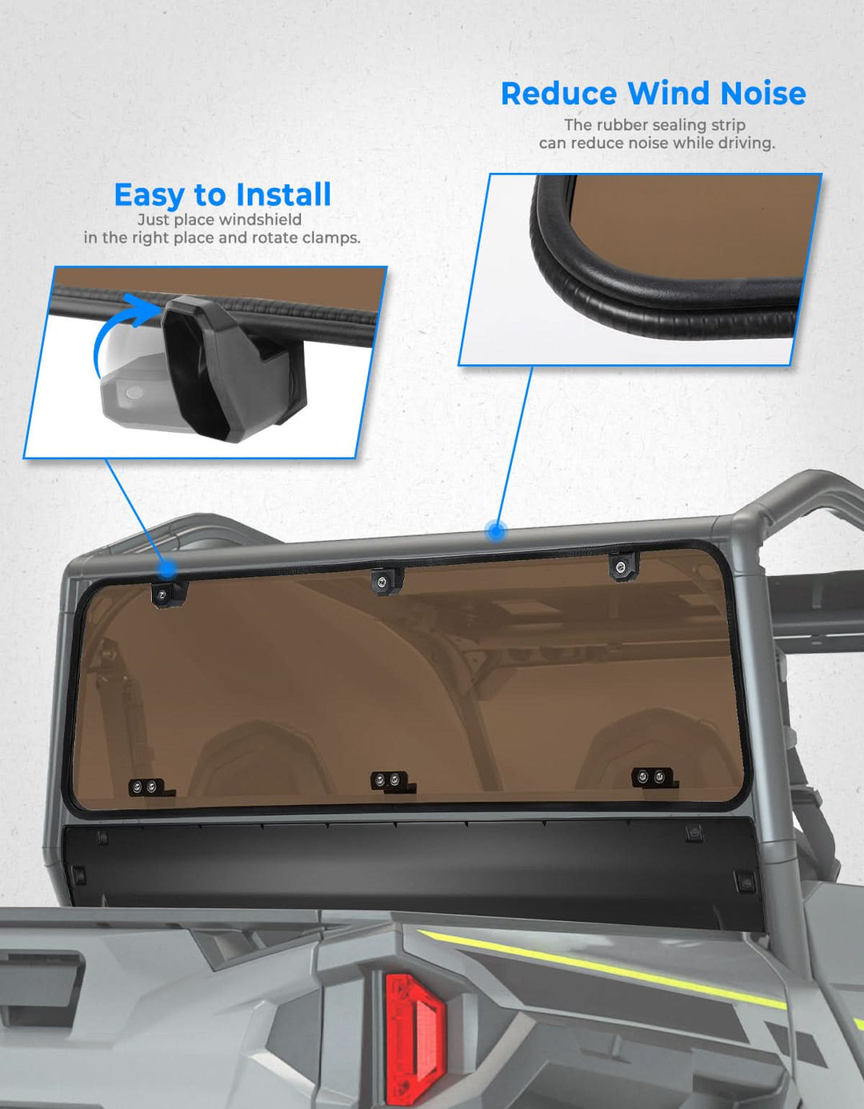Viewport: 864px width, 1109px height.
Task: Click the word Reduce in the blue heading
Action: [559, 94]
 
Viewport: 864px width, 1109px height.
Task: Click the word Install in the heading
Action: [283, 194]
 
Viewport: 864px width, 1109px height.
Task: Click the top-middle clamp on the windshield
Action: [388, 581]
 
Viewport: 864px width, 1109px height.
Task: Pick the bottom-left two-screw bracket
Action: [148, 788]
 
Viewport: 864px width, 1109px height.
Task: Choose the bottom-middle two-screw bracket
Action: [390, 782]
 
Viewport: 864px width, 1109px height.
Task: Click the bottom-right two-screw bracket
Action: [654, 778]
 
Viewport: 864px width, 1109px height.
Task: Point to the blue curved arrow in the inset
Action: [109, 326]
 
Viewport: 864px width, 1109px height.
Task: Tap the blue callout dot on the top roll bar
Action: [494, 532]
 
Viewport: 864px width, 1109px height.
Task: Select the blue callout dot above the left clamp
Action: [166, 568]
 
